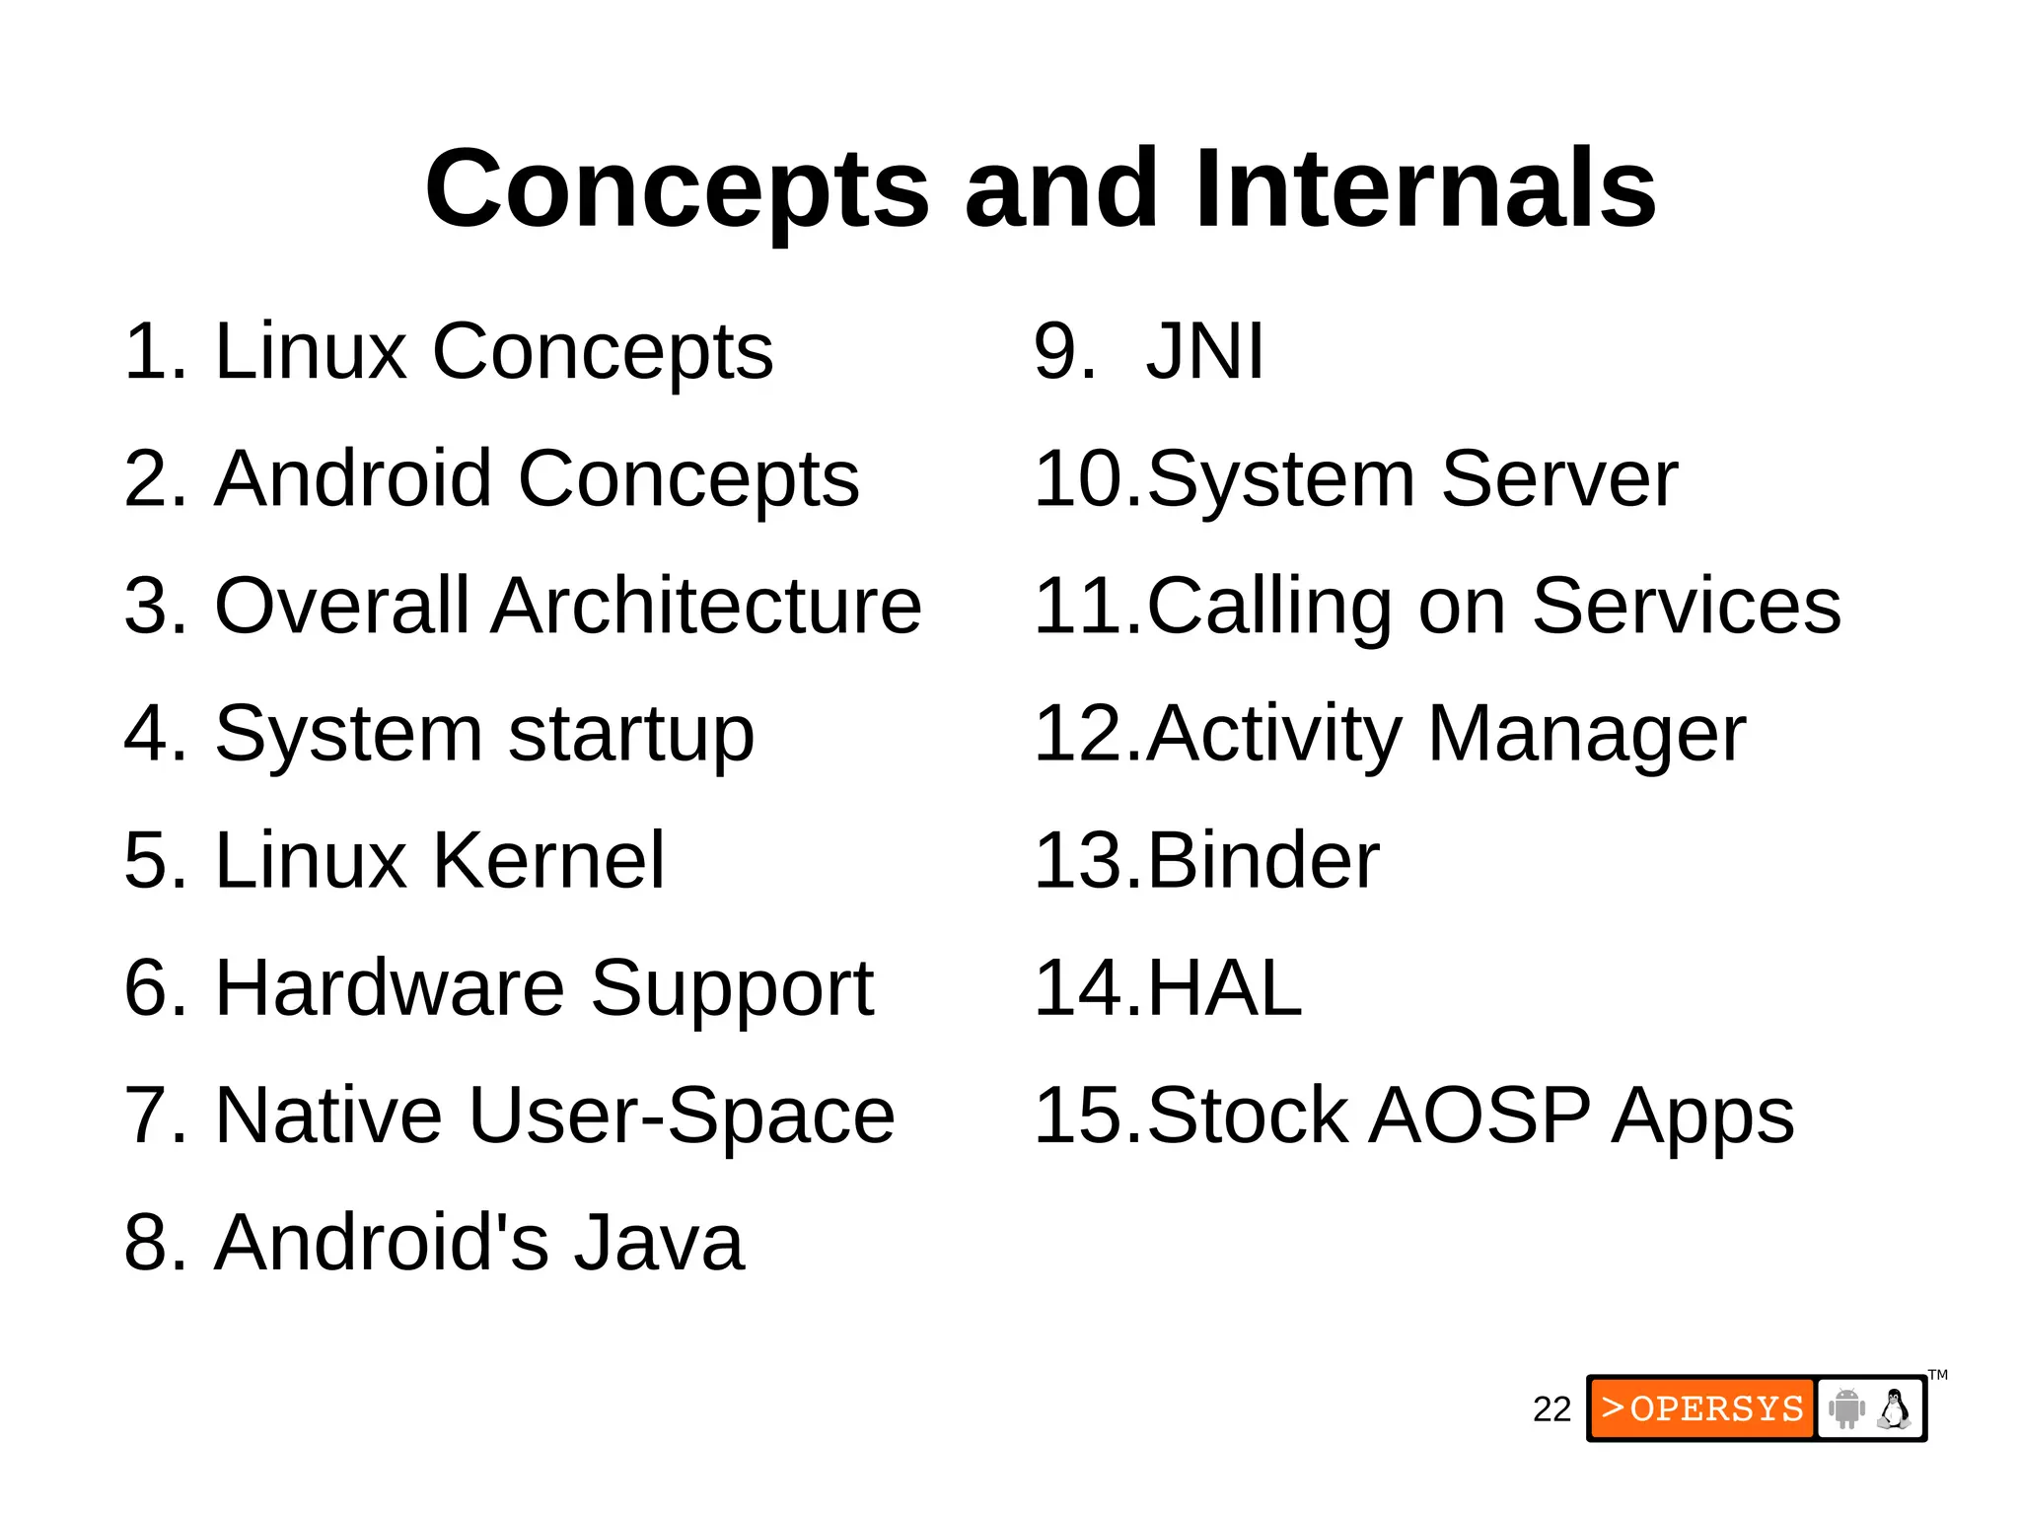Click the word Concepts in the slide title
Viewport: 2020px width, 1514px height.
tap(677, 188)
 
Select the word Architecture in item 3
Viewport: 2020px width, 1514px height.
tap(706, 606)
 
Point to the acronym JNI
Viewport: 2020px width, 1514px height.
tap(1204, 351)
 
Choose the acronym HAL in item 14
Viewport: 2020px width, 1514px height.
tap(1224, 987)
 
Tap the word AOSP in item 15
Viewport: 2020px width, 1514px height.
tap(1479, 1115)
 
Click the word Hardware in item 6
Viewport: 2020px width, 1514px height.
tap(390, 987)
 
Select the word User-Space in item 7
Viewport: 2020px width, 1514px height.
tap(681, 1115)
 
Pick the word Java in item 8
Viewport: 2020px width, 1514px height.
tap(659, 1242)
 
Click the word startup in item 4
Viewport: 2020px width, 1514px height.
tap(631, 735)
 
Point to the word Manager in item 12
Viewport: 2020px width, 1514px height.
tap(1586, 735)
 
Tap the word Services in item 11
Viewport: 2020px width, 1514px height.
tap(1686, 606)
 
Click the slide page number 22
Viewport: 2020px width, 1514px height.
tap(1551, 1409)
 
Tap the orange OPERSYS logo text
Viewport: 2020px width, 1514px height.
tap(1702, 1408)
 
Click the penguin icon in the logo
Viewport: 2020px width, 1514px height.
tap(1894, 1408)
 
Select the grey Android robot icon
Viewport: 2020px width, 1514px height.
tap(1846, 1408)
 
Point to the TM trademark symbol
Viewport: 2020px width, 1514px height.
tap(1938, 1375)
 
